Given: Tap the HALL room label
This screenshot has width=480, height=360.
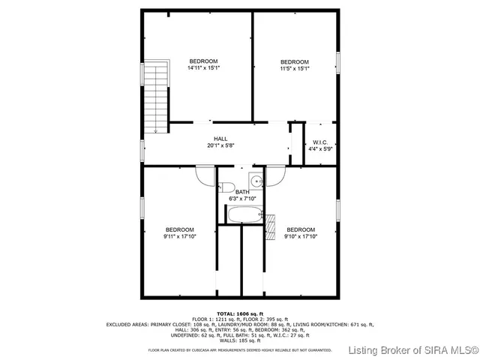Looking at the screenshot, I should pyautogui.click(x=220, y=139).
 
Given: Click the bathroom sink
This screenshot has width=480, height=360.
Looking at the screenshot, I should pyautogui.click(x=256, y=180).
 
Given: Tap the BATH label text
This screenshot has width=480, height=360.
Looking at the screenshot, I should pyautogui.click(x=242, y=192).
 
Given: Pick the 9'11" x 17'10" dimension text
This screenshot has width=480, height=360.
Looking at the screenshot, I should pyautogui.click(x=180, y=236).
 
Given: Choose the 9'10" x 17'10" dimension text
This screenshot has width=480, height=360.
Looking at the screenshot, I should pyautogui.click(x=300, y=236).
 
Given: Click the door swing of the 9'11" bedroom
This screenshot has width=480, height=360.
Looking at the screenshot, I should pyautogui.click(x=205, y=174).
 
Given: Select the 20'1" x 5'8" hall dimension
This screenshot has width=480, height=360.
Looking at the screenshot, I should pyautogui.click(x=220, y=145).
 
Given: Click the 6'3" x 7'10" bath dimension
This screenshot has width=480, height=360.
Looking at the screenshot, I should pyautogui.click(x=242, y=199).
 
